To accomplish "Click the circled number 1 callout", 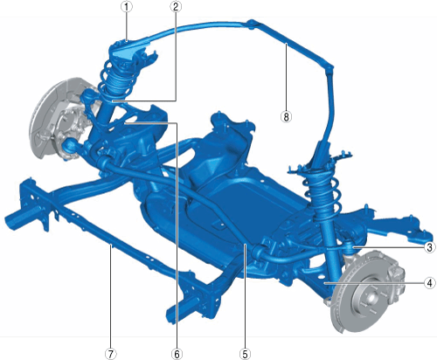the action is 127,7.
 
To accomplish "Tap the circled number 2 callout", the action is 176,7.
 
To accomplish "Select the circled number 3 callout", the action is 429,247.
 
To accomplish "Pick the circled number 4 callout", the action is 429,283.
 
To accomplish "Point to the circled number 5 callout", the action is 245,354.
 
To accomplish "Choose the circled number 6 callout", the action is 177,354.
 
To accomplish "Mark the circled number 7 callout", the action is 110,354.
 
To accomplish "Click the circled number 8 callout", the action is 286,116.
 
